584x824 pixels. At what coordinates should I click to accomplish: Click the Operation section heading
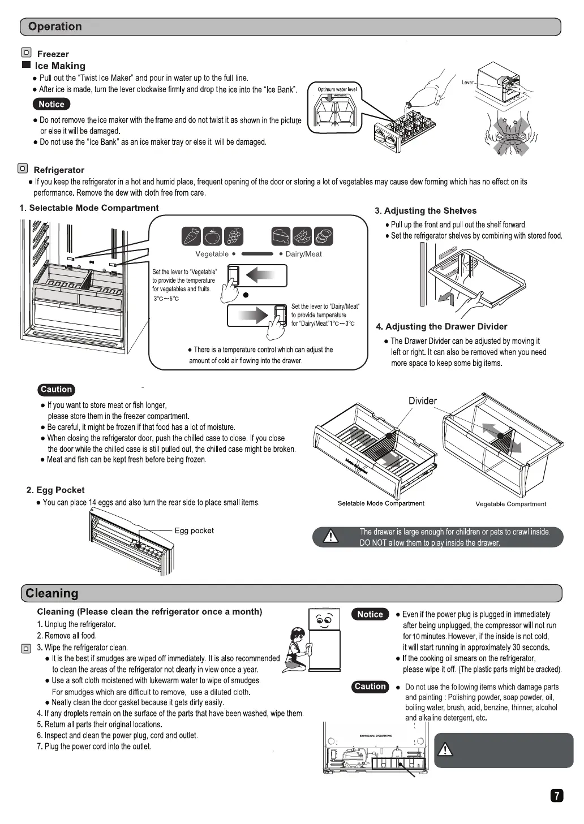tap(55, 27)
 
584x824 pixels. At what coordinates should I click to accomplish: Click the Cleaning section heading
tap(52, 593)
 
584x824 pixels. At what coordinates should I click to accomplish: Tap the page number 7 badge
tap(557, 796)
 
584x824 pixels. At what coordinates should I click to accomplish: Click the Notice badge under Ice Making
tap(51, 104)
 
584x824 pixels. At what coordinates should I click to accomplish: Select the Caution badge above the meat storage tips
tap(57, 390)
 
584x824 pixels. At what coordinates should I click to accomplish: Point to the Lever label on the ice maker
tap(467, 83)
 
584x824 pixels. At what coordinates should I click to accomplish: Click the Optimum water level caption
tap(337, 89)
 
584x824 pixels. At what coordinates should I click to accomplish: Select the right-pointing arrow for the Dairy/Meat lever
tap(254, 315)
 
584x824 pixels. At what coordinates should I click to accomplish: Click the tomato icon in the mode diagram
tap(212, 236)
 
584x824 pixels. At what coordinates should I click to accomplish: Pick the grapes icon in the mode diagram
tap(233, 236)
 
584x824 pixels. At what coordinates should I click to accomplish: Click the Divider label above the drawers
tap(423, 401)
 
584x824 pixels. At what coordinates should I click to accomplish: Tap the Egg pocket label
tap(194, 530)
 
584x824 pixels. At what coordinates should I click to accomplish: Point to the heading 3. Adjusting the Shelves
tap(426, 211)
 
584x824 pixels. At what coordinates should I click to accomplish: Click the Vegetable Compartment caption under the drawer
tap(510, 504)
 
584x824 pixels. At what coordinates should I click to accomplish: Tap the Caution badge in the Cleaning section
tap(370, 687)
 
